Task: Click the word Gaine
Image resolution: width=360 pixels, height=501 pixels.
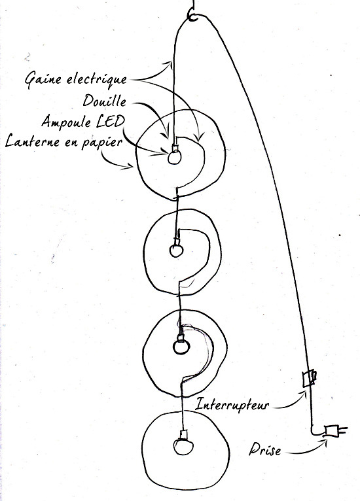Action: pos(43,80)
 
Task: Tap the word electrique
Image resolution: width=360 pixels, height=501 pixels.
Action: pos(97,80)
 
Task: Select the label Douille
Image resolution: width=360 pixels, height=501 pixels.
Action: pos(105,101)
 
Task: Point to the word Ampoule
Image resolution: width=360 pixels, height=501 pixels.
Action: pos(65,122)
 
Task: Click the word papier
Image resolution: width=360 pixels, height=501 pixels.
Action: pos(102,143)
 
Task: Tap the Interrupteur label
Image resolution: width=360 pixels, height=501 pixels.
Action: pos(232,405)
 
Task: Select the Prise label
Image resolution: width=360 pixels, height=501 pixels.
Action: pos(264,449)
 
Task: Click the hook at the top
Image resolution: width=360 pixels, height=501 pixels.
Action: pos(193,15)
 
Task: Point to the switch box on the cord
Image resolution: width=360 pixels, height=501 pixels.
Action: pos(309,378)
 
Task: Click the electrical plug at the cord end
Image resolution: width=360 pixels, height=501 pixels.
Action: pos(335,431)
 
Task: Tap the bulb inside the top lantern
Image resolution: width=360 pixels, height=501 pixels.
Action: pos(175,157)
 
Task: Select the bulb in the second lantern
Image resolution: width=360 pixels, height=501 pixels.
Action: pos(176,250)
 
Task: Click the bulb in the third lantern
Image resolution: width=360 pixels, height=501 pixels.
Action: pos(181,347)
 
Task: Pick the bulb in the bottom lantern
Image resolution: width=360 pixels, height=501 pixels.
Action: pos(183,446)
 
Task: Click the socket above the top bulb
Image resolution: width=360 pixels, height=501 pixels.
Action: pos(175,148)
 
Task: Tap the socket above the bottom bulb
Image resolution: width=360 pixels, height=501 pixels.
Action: pos(183,435)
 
